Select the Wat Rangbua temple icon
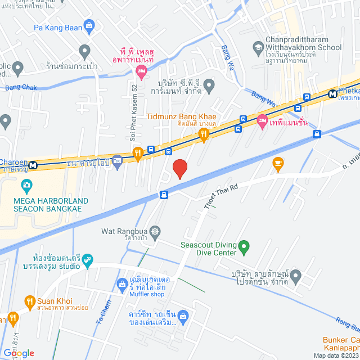point(155,231)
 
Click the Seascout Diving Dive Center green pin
point(244,246)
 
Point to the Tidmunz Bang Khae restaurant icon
point(204,133)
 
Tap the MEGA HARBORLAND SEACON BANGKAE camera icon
point(26,184)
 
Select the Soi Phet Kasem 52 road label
point(134,112)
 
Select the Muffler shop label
point(146,294)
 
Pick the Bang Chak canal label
point(20,88)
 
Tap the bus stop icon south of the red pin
point(164,195)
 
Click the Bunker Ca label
point(341,340)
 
